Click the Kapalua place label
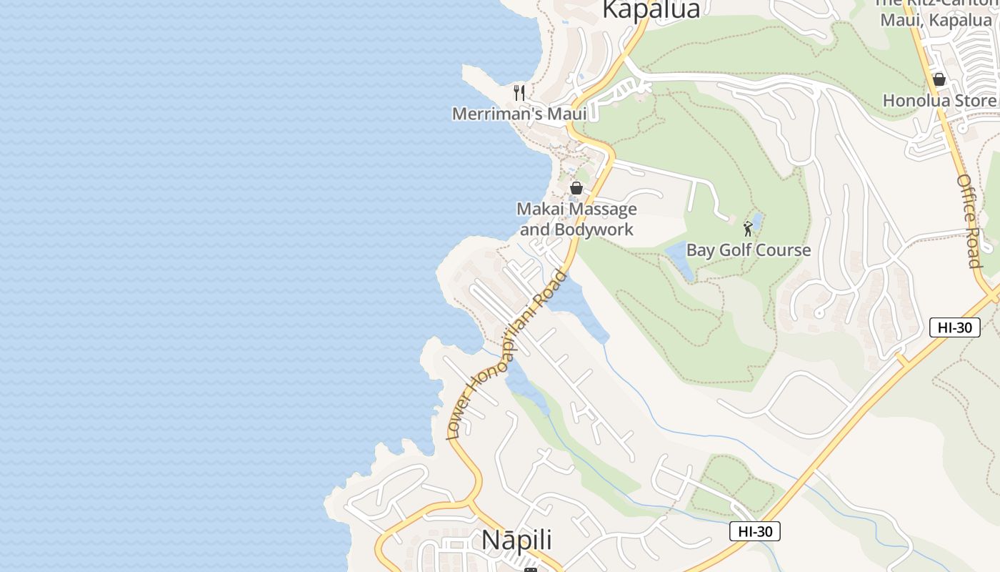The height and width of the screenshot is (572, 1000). coord(651,9)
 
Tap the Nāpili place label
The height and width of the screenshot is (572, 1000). coord(517,540)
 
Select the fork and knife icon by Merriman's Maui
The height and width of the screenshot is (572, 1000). coord(519,93)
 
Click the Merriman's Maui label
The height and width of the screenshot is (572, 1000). coord(519,114)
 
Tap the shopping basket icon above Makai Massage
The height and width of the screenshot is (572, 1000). coord(576,188)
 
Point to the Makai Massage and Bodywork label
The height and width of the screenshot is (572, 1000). coord(576,219)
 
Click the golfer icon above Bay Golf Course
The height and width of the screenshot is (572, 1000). coord(748,229)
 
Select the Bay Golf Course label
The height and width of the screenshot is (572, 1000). coord(748,250)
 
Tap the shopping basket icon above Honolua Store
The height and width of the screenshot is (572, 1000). coord(939,79)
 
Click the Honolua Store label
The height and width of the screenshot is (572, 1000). coord(939,101)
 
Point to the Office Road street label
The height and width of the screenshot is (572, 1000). coord(970,221)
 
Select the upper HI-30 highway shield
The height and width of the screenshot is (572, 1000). coord(954,327)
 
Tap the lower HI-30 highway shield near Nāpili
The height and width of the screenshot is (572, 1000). coord(755,531)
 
